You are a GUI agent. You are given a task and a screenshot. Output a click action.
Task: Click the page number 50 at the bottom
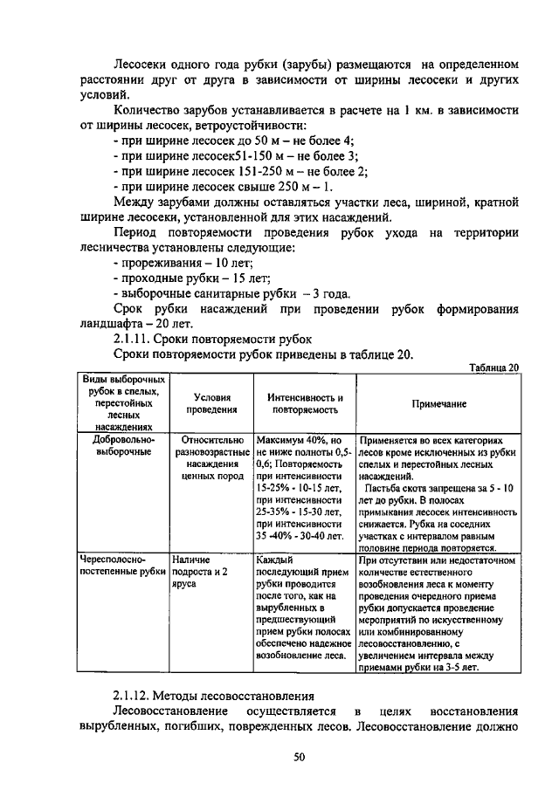click(x=299, y=757)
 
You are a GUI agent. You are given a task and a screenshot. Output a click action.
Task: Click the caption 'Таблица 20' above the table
click(x=493, y=367)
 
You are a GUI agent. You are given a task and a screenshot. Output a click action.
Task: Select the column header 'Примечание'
click(x=438, y=404)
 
